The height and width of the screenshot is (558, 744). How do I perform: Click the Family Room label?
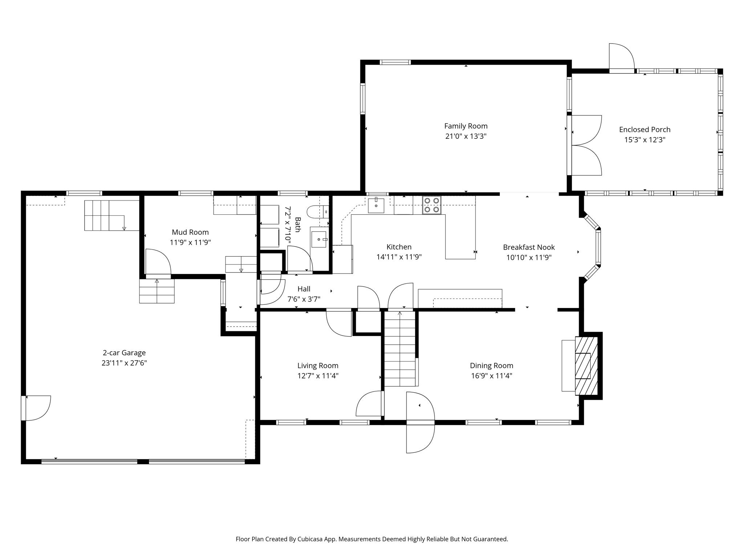click(x=466, y=126)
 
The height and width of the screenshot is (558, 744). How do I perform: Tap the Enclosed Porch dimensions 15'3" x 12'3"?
click(x=644, y=140)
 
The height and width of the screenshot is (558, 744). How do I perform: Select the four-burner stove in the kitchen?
click(x=432, y=205)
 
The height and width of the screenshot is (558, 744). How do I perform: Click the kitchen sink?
click(x=376, y=206)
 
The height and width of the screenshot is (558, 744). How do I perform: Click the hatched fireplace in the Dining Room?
click(x=586, y=365)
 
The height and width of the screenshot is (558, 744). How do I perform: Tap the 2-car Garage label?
click(x=124, y=353)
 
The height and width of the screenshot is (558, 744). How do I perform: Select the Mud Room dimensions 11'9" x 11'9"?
click(x=190, y=242)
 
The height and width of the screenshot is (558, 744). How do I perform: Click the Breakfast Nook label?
click(x=529, y=247)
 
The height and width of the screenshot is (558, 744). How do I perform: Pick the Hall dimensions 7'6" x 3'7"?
click(x=304, y=299)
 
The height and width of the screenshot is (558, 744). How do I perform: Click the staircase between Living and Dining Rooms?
click(x=400, y=349)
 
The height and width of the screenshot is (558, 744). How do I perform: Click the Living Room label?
click(x=318, y=366)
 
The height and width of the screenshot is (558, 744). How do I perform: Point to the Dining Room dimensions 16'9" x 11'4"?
click(x=491, y=376)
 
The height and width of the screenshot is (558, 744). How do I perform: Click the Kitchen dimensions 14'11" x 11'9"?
click(x=399, y=257)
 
